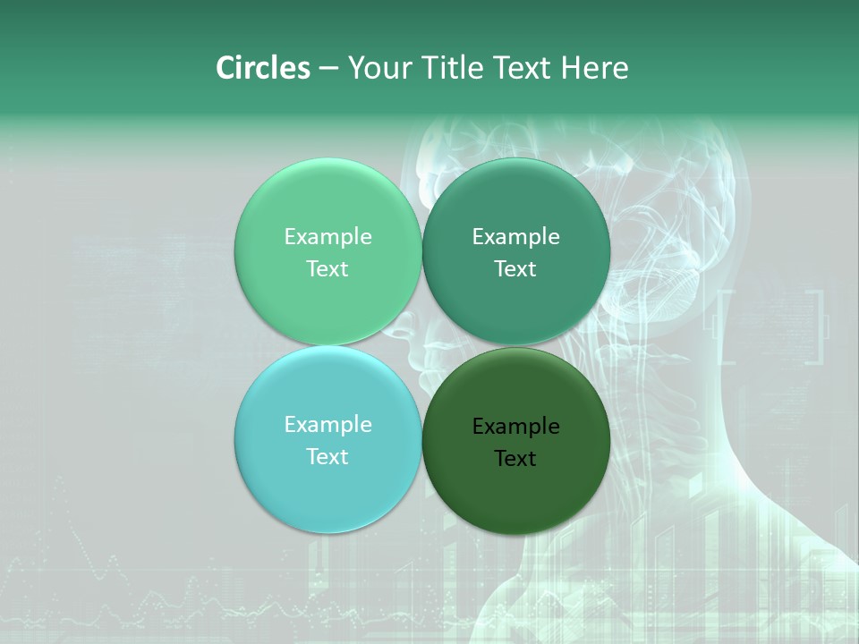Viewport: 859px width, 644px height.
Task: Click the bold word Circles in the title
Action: click(263, 68)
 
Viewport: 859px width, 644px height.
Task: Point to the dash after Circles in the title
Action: click(328, 69)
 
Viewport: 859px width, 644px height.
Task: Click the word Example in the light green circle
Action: click(327, 237)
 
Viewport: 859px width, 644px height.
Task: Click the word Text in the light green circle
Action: click(327, 268)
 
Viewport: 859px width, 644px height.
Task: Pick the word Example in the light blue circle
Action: click(327, 425)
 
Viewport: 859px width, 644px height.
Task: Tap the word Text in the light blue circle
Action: click(327, 456)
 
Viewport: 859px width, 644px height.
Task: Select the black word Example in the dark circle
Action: click(515, 427)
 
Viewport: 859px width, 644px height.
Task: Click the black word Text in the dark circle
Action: click(515, 458)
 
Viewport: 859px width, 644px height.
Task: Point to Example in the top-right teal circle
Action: click(515, 237)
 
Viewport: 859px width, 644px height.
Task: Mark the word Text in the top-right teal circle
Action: click(515, 268)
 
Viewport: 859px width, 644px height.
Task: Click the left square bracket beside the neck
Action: click(727, 326)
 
